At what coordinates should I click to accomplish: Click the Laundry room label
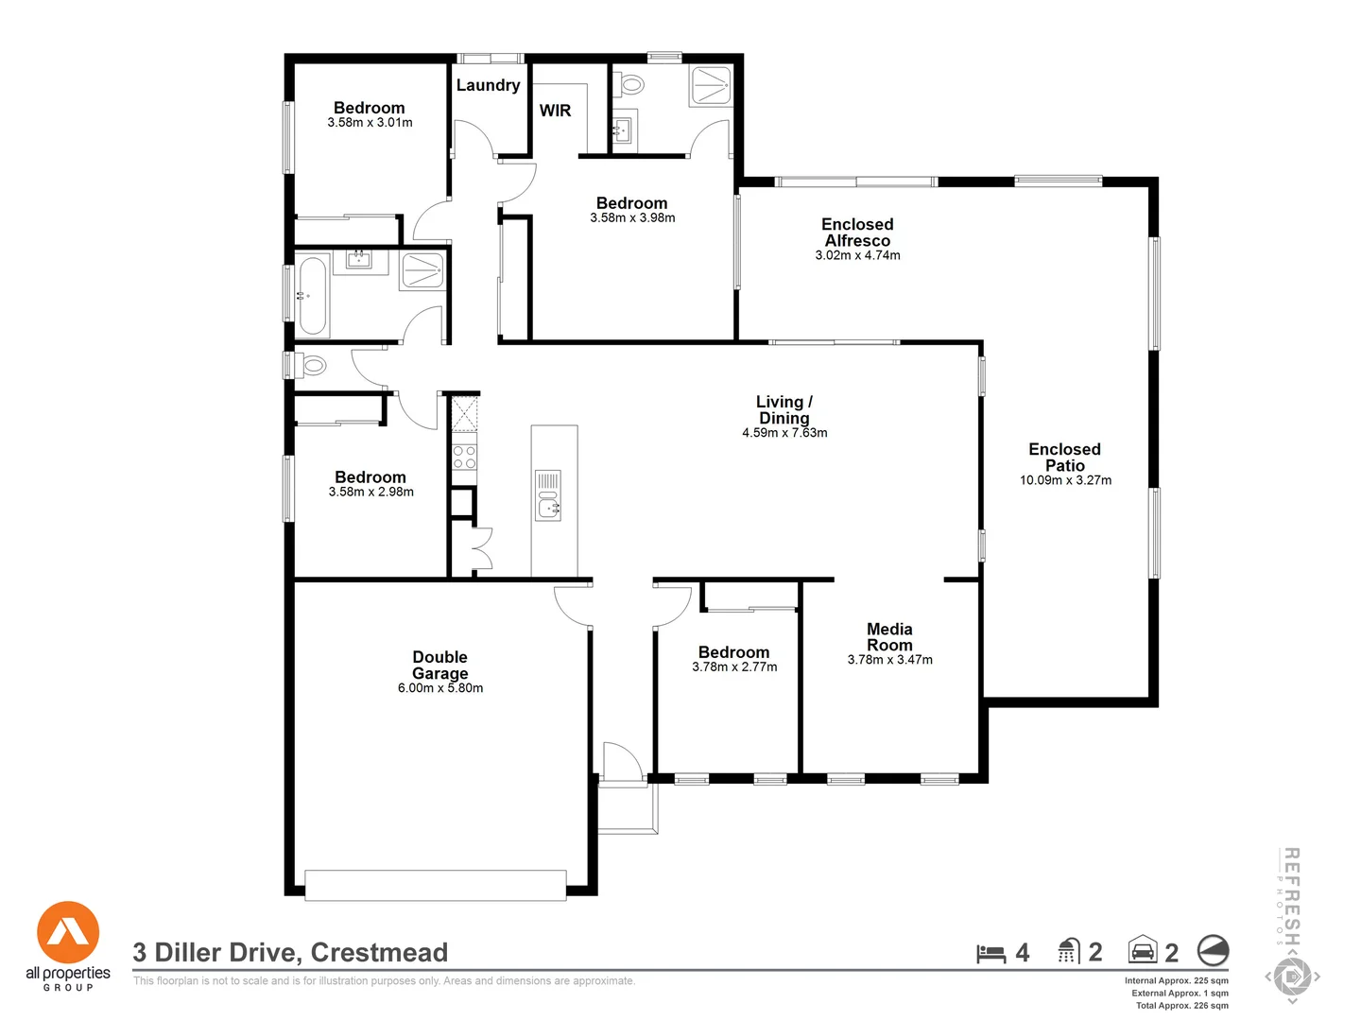click(488, 85)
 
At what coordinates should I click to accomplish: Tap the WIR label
click(555, 111)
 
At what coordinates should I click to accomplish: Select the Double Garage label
click(439, 665)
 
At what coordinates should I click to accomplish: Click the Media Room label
click(889, 636)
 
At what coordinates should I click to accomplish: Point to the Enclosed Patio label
click(1064, 457)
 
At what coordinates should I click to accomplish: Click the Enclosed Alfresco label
click(857, 232)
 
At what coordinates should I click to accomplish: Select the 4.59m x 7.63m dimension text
click(784, 433)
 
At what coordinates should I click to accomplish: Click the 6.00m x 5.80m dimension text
click(439, 688)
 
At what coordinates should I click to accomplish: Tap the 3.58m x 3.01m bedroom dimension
click(370, 123)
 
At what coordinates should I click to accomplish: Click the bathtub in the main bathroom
click(312, 296)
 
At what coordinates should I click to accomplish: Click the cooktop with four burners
click(464, 457)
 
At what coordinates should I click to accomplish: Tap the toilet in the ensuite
click(629, 86)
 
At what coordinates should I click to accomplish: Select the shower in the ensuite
click(711, 85)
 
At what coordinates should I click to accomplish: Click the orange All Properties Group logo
click(68, 933)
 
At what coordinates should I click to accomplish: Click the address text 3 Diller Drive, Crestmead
click(290, 952)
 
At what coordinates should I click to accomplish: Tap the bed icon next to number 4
click(991, 953)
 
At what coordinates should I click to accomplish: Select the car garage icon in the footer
click(1143, 950)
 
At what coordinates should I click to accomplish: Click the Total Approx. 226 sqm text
click(1181, 1005)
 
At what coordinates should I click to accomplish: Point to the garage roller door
click(436, 885)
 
